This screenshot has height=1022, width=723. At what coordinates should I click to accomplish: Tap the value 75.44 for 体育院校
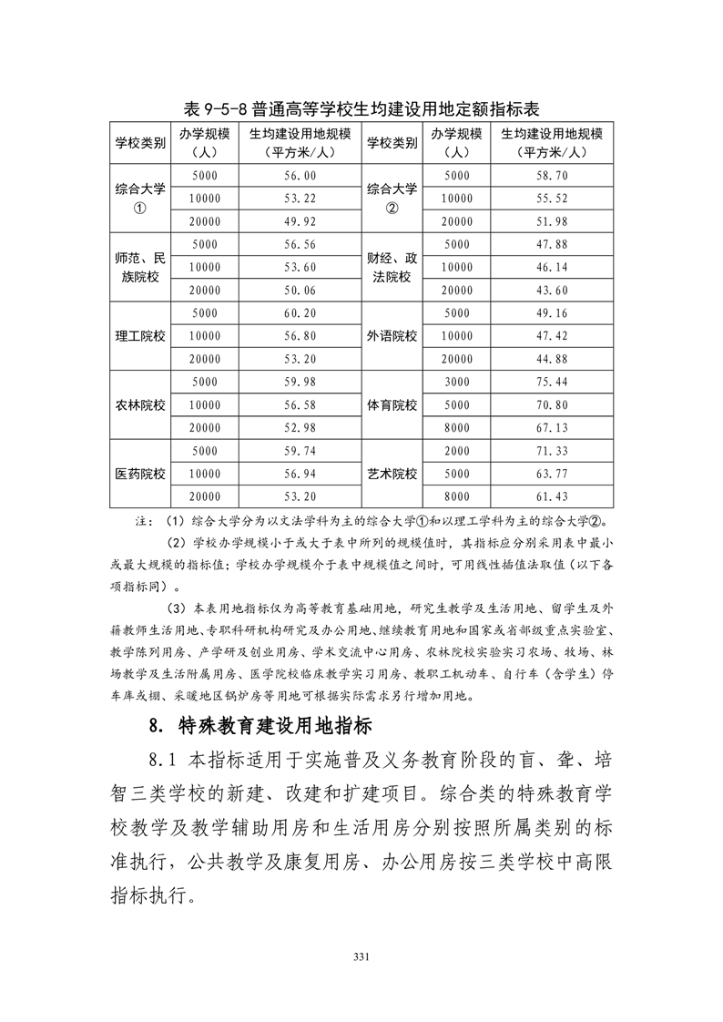pyautogui.click(x=554, y=382)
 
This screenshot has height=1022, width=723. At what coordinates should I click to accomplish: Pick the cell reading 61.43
pyautogui.click(x=554, y=496)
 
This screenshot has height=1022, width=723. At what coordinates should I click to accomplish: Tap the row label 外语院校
pyautogui.click(x=392, y=336)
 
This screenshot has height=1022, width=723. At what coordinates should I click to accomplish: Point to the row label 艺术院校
pyautogui.click(x=392, y=475)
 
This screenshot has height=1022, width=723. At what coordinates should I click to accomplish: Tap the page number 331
pyautogui.click(x=361, y=956)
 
